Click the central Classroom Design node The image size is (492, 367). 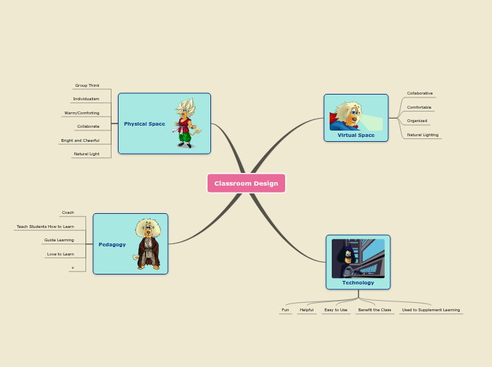click(x=246, y=183)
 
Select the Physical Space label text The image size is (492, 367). click(x=145, y=124)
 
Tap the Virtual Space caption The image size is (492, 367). click(x=356, y=135)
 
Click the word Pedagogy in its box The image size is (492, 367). click(x=112, y=244)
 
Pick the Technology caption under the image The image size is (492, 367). click(x=358, y=282)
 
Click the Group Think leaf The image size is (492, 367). click(x=88, y=85)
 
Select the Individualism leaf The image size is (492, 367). click(x=86, y=99)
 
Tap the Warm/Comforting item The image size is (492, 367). click(x=82, y=113)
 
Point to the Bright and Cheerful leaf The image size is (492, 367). click(x=80, y=140)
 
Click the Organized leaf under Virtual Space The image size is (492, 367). click(x=417, y=121)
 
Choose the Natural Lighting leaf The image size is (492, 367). click(x=423, y=134)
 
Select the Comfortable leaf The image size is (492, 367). click(x=419, y=107)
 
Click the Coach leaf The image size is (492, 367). click(x=68, y=212)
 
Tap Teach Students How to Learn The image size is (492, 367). click(x=45, y=227)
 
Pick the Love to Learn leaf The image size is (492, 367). click(x=61, y=254)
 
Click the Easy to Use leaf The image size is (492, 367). click(x=336, y=310)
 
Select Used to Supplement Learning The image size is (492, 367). click(x=431, y=310)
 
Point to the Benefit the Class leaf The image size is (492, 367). click(x=374, y=310)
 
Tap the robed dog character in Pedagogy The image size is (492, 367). click(x=148, y=244)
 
